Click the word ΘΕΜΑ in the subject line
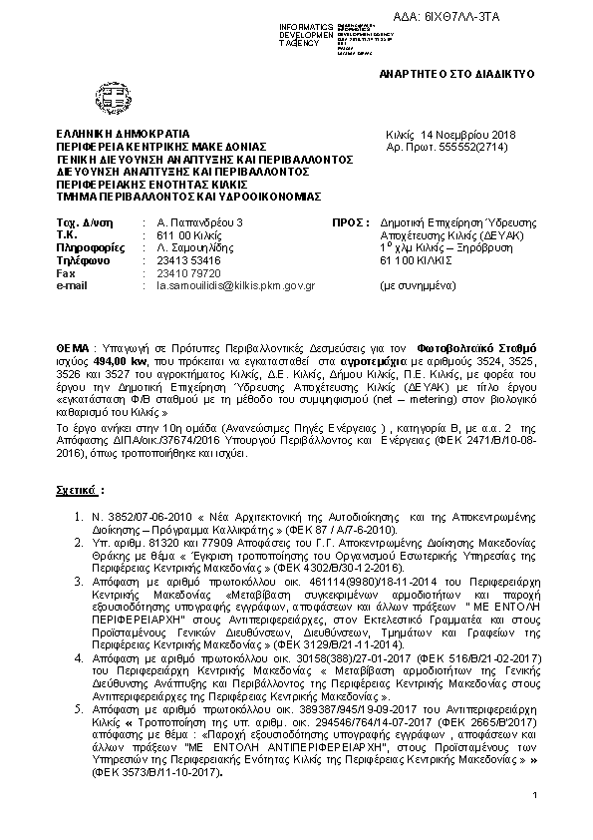tap(73, 341)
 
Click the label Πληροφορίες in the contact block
tap(91, 246)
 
